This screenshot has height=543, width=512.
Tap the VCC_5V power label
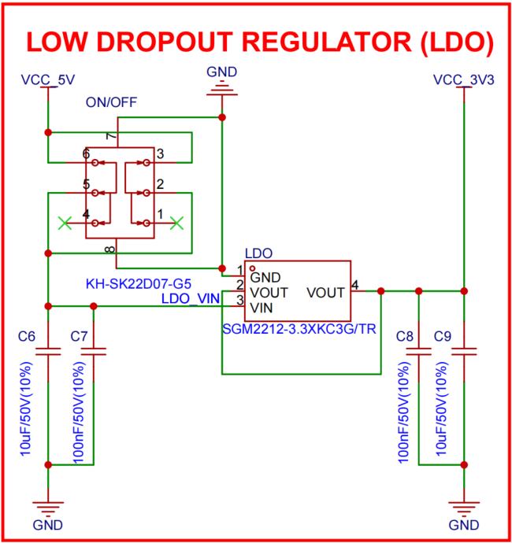click(x=48, y=79)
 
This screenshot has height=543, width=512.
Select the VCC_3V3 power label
click(x=464, y=79)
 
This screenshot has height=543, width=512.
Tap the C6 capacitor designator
click(x=27, y=336)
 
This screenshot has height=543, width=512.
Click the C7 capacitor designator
click(x=79, y=336)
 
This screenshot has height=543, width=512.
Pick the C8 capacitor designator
click(x=405, y=336)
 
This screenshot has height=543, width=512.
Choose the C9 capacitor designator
click(x=443, y=336)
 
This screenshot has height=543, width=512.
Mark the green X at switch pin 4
click(x=65, y=223)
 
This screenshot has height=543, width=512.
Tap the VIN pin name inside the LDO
click(x=262, y=306)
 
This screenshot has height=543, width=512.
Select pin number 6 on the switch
click(x=86, y=153)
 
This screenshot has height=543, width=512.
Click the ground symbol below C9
click(x=464, y=504)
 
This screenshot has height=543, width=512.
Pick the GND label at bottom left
click(x=48, y=525)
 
